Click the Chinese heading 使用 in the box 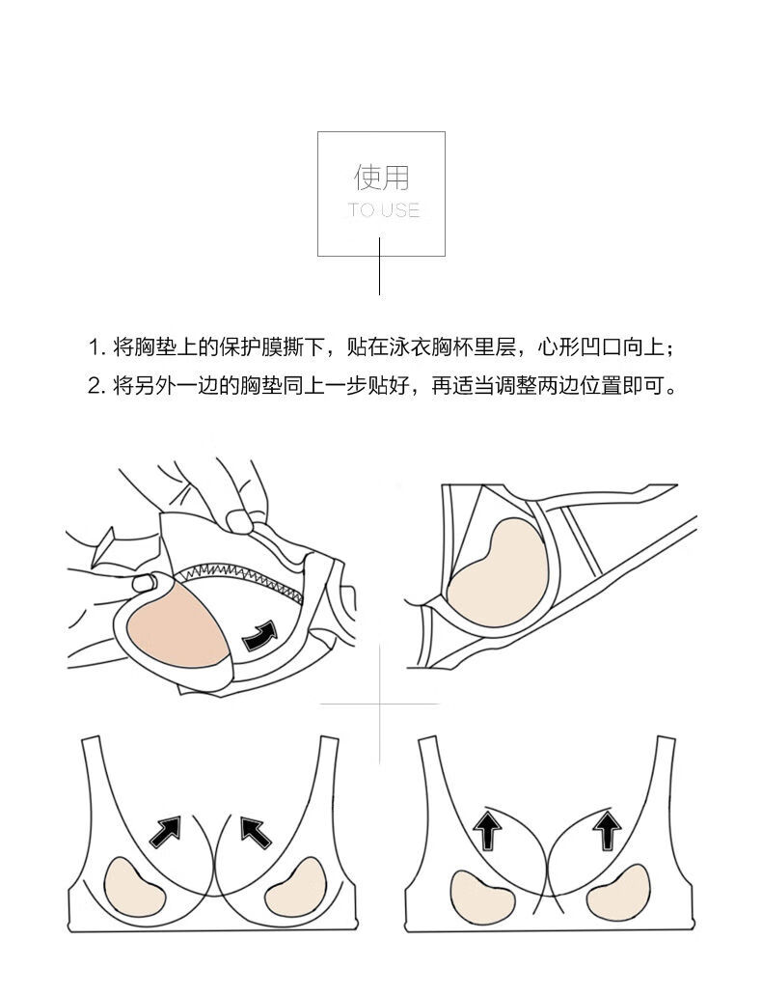coord(381,178)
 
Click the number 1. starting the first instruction coord(95,347)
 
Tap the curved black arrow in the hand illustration coord(259,634)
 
